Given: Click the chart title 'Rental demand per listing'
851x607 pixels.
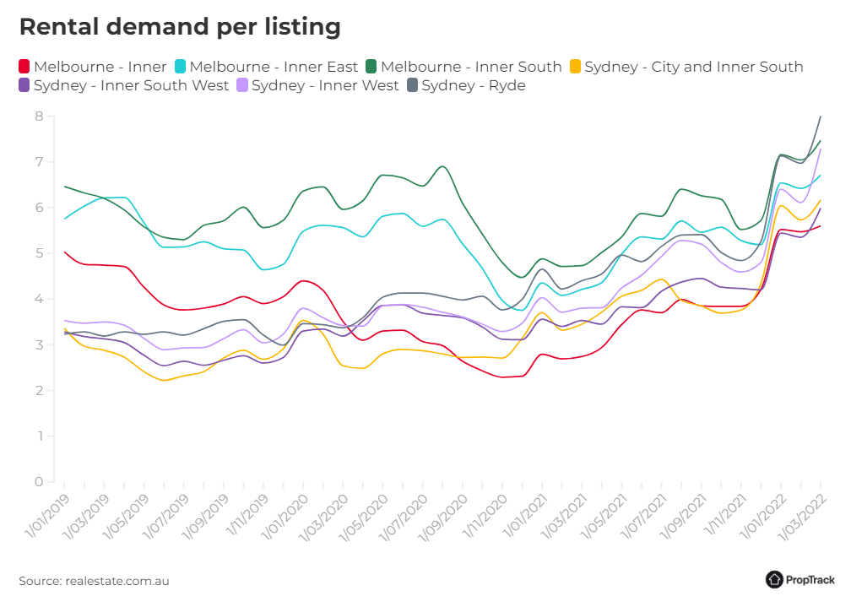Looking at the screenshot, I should point(180,27).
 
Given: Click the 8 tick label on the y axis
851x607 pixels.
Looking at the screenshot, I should point(39,117).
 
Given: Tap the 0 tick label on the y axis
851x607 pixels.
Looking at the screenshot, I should point(39,482).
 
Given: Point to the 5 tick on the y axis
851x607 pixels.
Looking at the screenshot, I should point(39,253).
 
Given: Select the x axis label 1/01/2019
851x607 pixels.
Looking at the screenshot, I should point(46,519).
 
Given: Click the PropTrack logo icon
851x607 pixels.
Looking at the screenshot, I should point(774,579).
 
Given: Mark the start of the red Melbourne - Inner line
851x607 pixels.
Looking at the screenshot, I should point(64,252).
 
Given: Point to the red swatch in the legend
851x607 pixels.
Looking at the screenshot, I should point(24,67).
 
